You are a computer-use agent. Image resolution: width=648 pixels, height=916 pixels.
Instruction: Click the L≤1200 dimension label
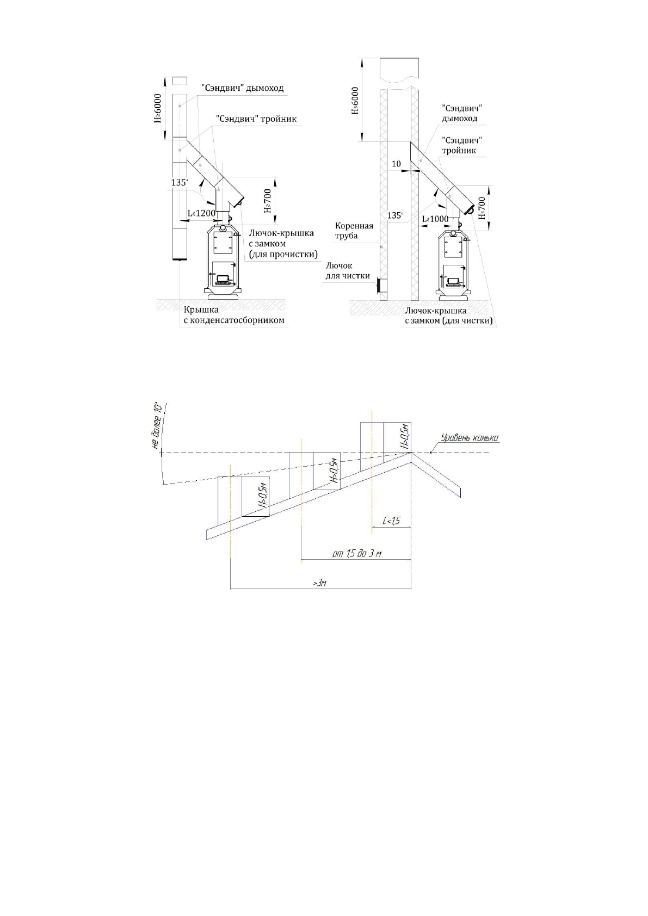[x=201, y=213]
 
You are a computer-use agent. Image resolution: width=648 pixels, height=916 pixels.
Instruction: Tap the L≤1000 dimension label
[x=435, y=219]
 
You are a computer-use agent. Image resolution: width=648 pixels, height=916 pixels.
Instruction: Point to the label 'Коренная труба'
[x=354, y=231]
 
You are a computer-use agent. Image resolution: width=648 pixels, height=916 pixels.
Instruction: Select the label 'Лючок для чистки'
[x=347, y=271]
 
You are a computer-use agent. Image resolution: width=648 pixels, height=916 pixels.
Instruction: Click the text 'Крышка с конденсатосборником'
[x=233, y=315]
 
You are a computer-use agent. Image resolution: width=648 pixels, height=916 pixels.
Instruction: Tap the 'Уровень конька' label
[x=470, y=437]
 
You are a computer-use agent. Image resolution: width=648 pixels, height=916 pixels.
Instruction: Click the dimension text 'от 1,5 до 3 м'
[x=357, y=554]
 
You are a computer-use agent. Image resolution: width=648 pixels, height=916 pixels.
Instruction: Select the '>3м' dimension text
[x=319, y=583]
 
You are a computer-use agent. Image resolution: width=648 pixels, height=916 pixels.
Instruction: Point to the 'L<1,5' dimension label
[x=392, y=521]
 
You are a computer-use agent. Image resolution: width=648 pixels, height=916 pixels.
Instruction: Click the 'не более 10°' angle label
[x=157, y=426]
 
